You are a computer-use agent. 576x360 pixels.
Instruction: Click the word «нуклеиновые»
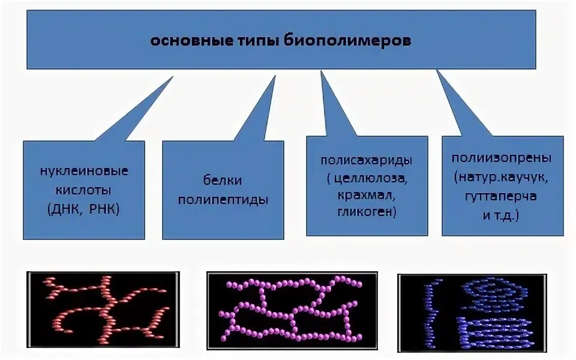click(84, 170)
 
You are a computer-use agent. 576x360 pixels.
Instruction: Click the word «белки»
click(222, 180)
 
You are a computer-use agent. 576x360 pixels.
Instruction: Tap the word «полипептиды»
click(223, 200)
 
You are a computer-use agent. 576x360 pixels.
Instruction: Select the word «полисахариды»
click(367, 160)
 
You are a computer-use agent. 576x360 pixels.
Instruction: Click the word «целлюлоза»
click(371, 179)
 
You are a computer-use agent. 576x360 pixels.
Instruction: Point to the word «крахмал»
click(367, 196)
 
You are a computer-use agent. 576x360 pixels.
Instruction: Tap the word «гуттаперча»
click(500, 196)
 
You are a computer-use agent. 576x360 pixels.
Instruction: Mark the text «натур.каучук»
click(503, 178)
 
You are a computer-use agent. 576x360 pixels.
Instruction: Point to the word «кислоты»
click(84, 190)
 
